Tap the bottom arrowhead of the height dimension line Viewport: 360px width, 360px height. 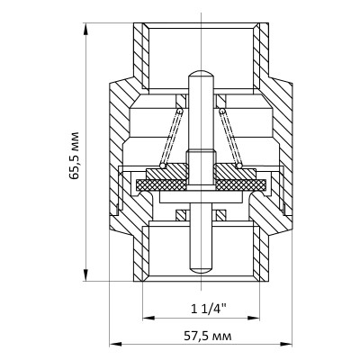[86, 275]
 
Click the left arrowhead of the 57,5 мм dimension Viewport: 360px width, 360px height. [113, 344]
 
